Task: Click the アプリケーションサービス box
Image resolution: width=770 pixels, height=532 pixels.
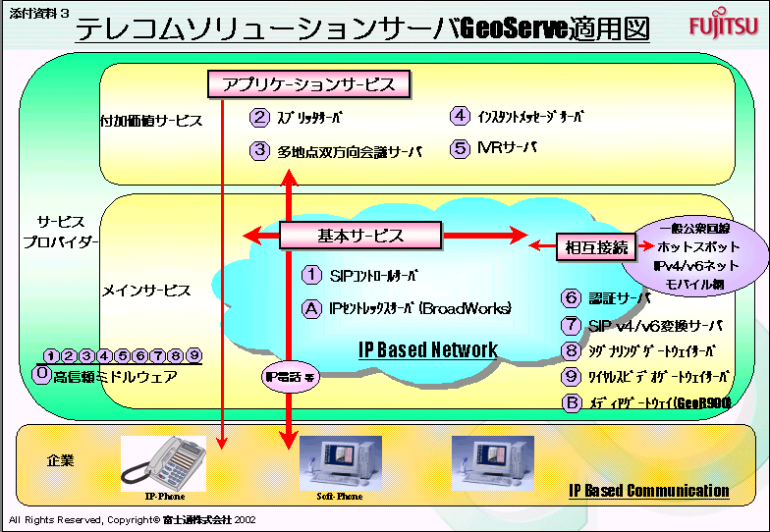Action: [308, 84]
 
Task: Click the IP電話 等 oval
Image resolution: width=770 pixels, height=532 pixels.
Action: [288, 377]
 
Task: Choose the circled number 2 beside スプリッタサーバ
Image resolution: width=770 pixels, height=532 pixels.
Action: [259, 118]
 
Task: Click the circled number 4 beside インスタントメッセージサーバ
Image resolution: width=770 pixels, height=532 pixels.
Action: [460, 116]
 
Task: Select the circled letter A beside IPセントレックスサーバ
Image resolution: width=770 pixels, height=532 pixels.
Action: [311, 308]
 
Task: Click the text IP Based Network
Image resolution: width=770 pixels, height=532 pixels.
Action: [427, 349]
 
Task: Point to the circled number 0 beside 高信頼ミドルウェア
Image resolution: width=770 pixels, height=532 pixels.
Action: [41, 375]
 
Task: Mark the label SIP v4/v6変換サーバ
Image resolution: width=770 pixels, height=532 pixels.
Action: [655, 325]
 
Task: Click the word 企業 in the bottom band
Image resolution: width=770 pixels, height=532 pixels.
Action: [61, 459]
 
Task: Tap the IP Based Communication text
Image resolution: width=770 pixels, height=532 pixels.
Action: [649, 490]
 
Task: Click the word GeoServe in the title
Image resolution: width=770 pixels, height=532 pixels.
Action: [514, 28]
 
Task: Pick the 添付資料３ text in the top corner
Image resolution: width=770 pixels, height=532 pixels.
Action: [36, 12]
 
